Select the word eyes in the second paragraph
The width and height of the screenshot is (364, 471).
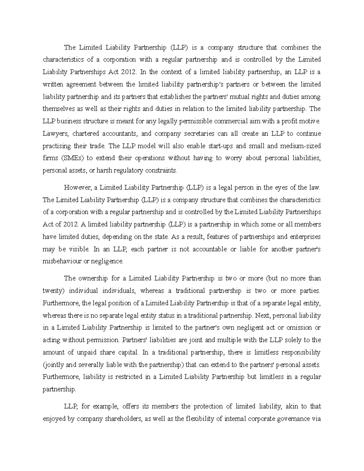(282, 188)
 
